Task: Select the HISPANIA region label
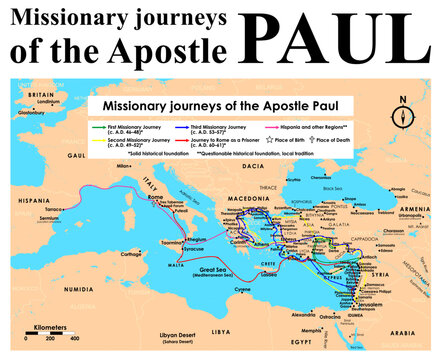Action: pyautogui.click(x=34, y=203)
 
